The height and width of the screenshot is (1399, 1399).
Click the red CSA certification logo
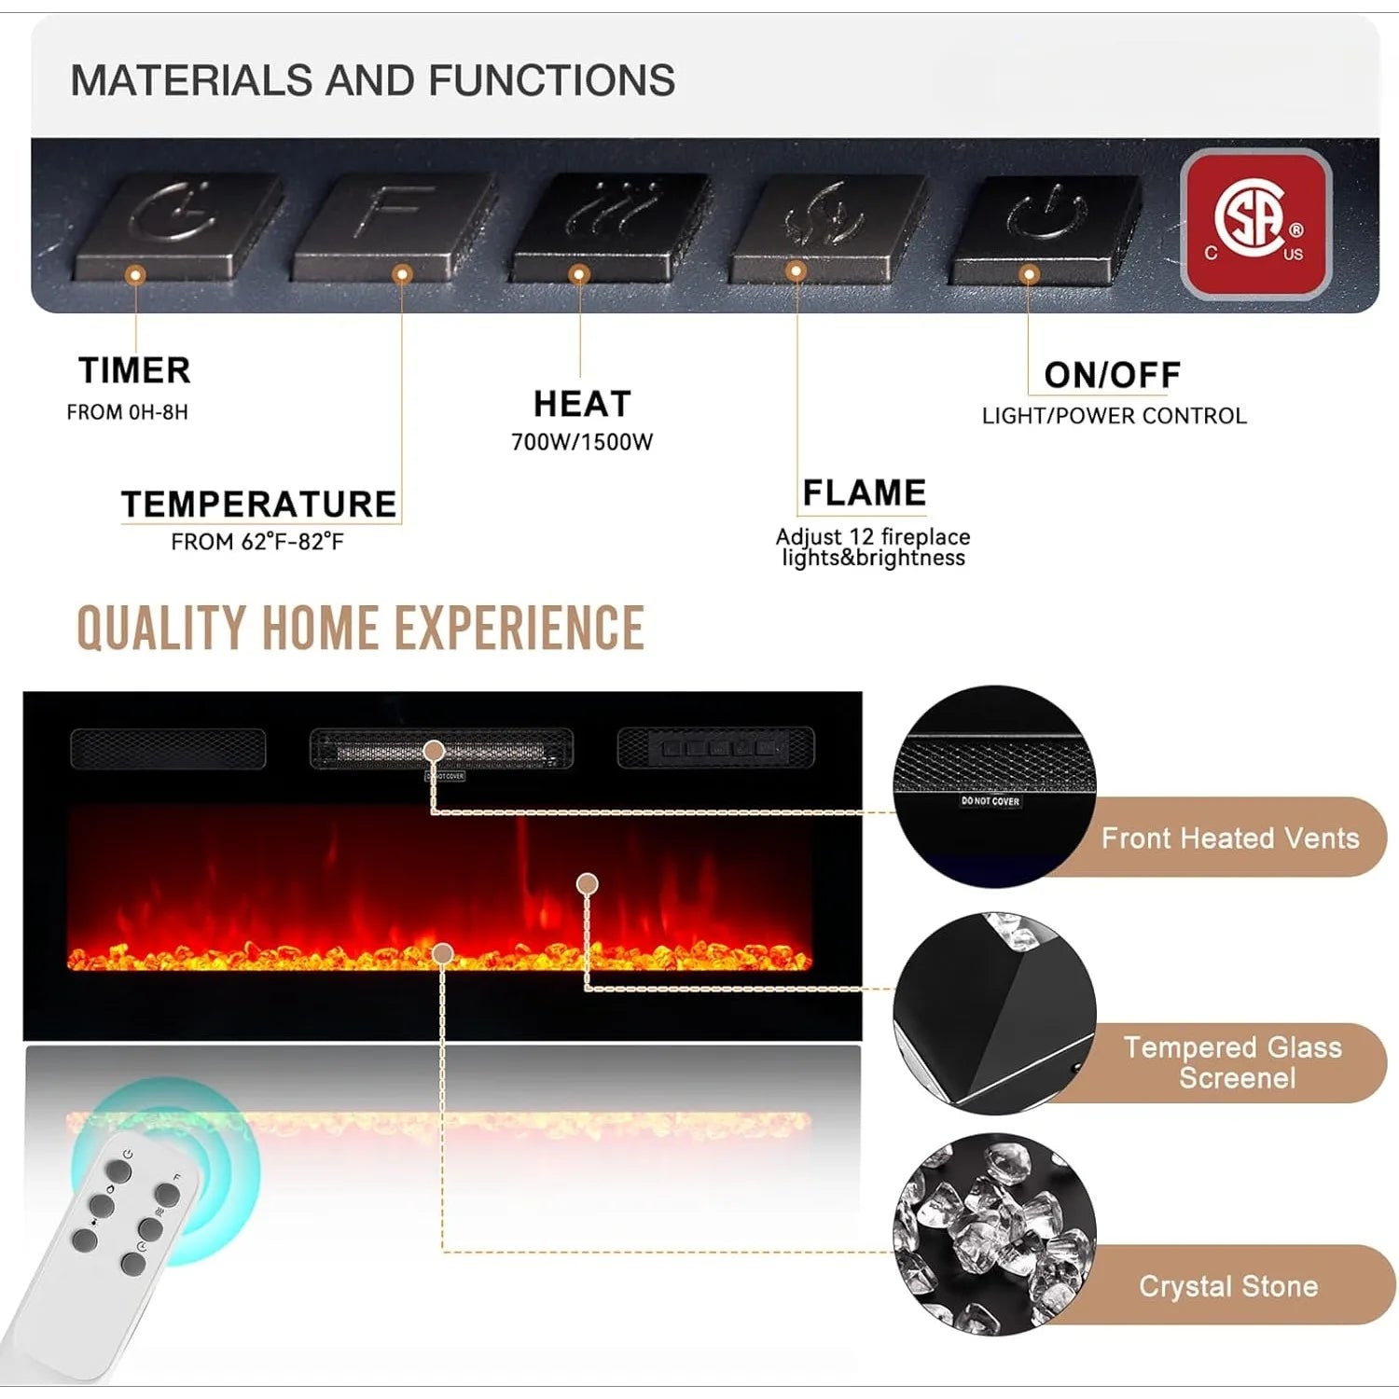[1255, 224]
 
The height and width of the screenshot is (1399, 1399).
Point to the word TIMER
[134, 370]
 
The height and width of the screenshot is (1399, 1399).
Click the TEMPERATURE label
[258, 504]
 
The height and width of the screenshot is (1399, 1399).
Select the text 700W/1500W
[582, 442]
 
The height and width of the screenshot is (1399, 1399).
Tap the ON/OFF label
[1112, 375]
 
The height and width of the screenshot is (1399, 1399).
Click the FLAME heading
[864, 492]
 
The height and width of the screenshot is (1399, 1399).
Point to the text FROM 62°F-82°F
[257, 542]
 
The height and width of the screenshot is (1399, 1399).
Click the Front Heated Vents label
[1229, 838]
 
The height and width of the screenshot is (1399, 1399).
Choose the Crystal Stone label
[1227, 1286]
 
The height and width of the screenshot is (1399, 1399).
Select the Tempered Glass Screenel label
[1233, 1062]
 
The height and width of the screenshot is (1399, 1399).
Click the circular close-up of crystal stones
[994, 1233]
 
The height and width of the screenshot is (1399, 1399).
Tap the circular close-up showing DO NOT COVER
[994, 785]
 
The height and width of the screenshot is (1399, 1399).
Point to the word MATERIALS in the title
[191, 80]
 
